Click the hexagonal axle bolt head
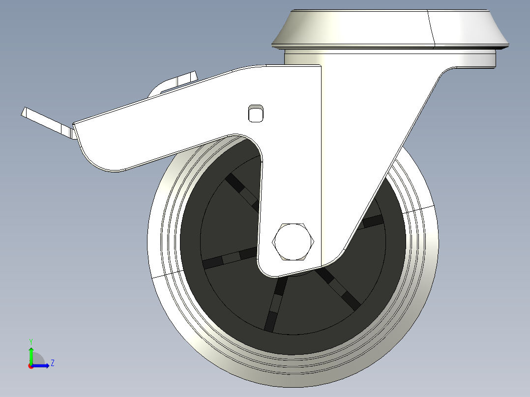point(293,241)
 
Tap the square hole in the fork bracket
point(255,113)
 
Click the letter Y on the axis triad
point(31,340)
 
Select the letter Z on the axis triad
point(52,363)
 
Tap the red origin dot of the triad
point(30,366)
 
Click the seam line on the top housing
point(431,29)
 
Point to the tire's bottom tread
point(295,376)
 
